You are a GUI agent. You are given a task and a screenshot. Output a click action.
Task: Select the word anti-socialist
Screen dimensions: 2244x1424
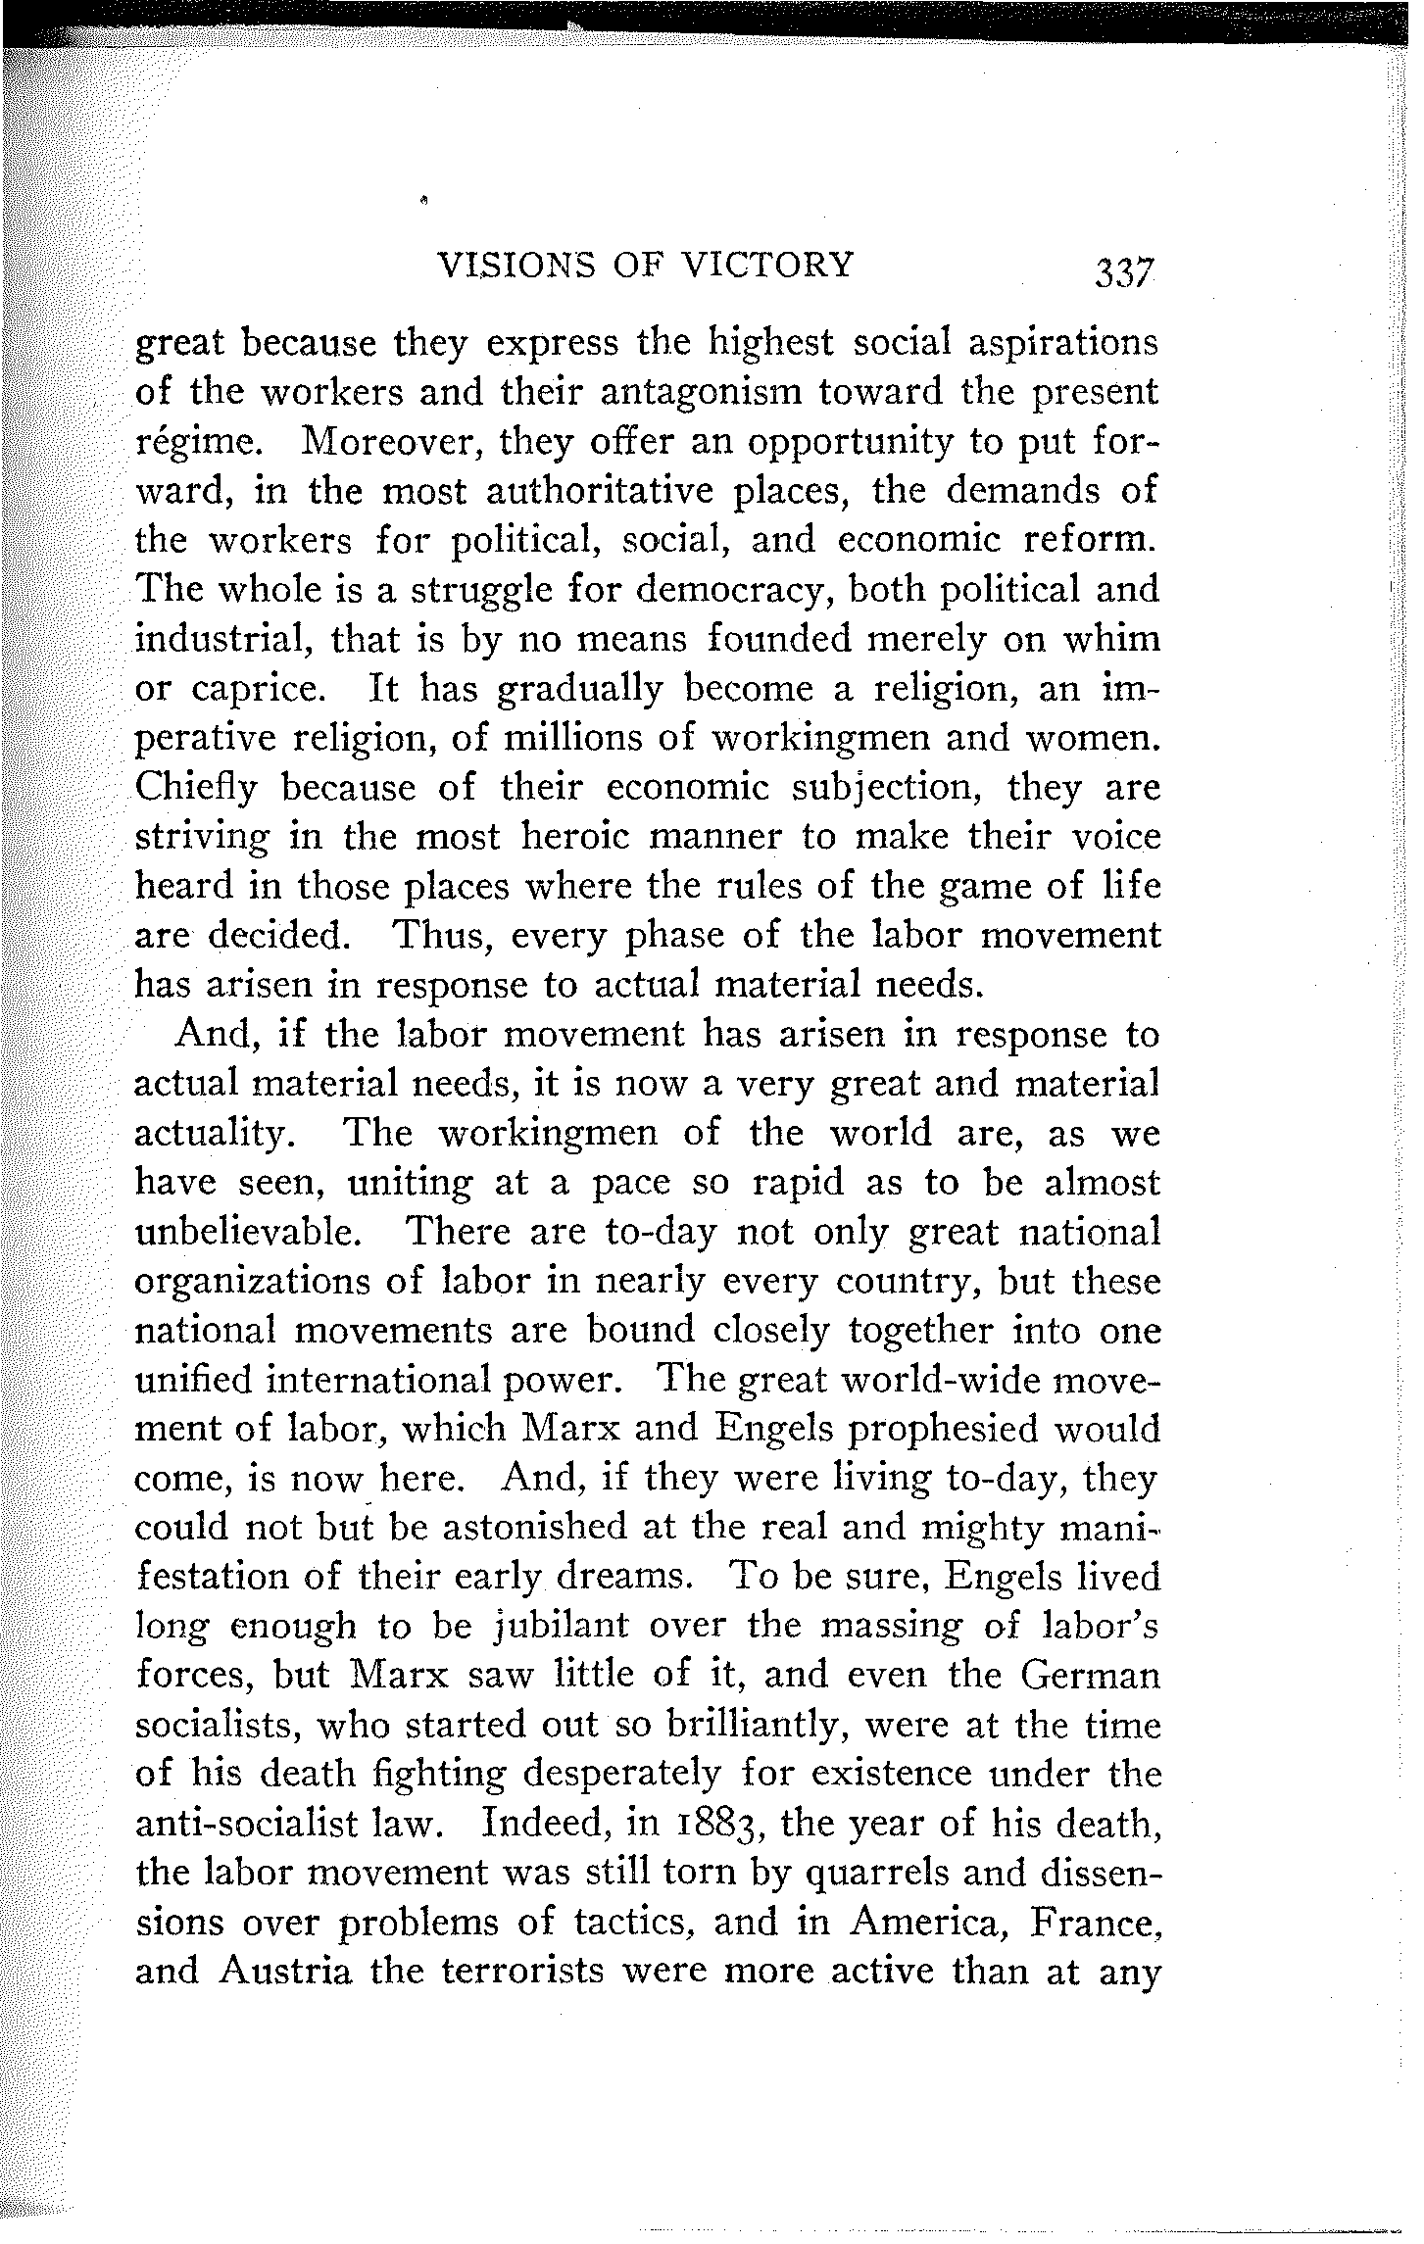258,1824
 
